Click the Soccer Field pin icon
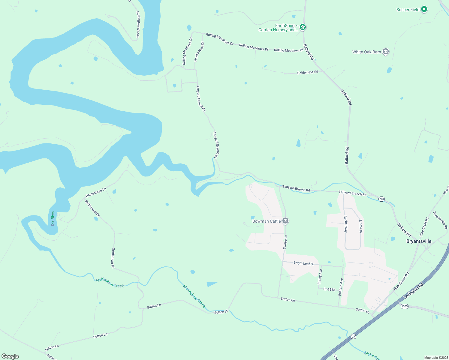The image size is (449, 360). point(424,10)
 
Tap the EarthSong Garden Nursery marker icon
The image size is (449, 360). point(303,28)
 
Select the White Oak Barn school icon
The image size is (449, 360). point(386,52)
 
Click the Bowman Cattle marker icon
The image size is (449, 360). point(285,221)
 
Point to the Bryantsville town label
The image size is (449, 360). point(419,241)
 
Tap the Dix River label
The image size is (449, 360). point(53,218)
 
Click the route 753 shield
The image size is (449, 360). point(381,199)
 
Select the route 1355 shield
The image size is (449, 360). point(404,306)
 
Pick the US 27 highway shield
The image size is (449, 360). point(353,337)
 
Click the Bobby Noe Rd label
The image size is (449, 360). point(307,73)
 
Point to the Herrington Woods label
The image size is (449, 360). point(138,25)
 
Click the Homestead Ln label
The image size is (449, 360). point(96,193)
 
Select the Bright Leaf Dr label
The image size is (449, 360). point(304,263)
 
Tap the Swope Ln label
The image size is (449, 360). point(285,242)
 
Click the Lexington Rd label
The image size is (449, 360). point(413,291)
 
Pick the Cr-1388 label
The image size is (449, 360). point(329,289)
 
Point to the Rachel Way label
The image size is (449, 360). point(345,224)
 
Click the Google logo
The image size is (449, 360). point(10,356)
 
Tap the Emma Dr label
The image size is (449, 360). point(360,226)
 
